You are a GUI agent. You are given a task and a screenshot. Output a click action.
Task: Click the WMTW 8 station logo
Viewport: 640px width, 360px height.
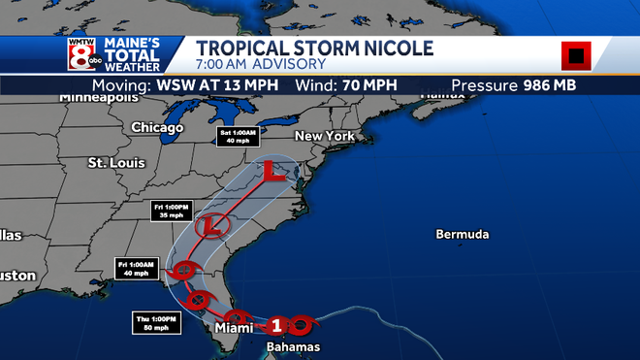(x=81, y=55)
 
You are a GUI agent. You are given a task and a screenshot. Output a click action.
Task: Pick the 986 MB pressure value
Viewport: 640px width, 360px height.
(x=550, y=85)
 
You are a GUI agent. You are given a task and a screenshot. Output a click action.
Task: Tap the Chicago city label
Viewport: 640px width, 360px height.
(x=157, y=127)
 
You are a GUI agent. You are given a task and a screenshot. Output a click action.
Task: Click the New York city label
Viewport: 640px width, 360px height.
(x=324, y=136)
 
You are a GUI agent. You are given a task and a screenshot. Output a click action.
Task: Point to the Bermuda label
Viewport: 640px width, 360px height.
(x=463, y=235)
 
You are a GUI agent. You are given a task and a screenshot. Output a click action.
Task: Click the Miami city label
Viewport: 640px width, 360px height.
(x=234, y=329)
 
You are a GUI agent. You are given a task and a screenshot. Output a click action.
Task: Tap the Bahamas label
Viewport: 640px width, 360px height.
(x=293, y=346)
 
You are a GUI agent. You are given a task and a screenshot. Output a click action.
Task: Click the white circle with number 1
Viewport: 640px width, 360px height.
(x=276, y=325)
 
